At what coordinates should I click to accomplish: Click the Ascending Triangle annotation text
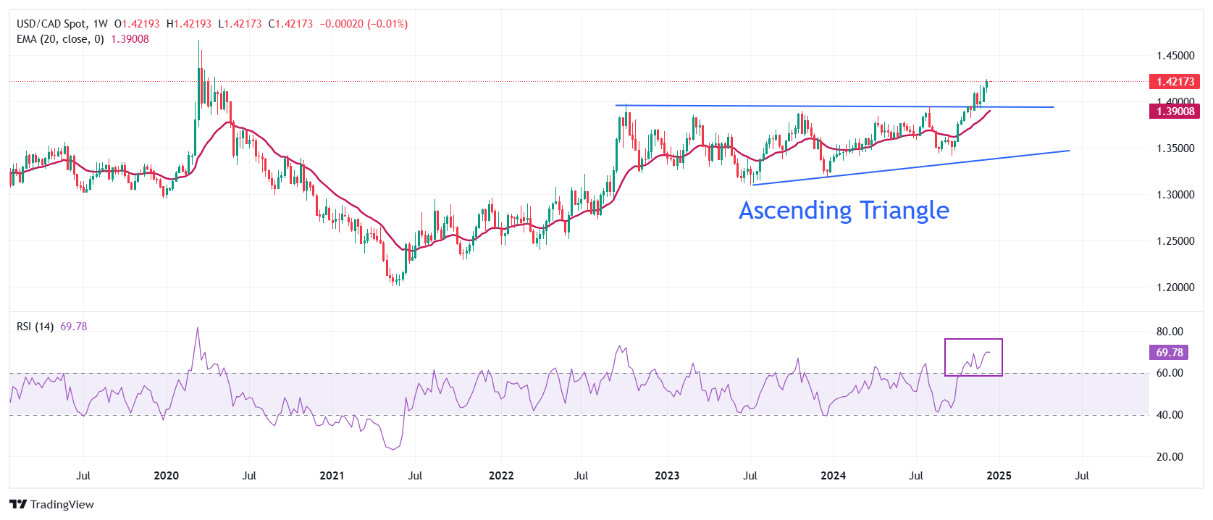[844, 210]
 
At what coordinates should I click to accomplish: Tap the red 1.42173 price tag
[1175, 82]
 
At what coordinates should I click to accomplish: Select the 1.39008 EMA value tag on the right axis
[1175, 112]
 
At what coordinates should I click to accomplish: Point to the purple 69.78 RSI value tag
[1169, 353]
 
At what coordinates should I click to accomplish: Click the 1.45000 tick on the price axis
[1175, 56]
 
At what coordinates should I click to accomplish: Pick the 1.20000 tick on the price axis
[1175, 288]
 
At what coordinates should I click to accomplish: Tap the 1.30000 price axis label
[1175, 195]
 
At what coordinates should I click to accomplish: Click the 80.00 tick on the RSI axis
[1169, 332]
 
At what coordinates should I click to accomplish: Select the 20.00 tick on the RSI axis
[1169, 457]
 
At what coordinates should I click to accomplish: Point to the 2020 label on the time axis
[167, 476]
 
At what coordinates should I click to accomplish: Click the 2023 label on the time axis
[667, 476]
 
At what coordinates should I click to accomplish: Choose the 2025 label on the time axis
[999, 476]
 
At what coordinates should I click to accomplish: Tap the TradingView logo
[52, 505]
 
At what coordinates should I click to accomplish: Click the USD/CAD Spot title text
[51, 24]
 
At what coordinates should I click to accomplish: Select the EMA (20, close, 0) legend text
[60, 39]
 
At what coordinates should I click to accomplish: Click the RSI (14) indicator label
[35, 327]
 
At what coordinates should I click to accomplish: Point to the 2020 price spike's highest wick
[199, 42]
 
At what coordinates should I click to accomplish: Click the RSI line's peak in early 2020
[198, 328]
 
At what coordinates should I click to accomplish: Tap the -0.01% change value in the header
[387, 24]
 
